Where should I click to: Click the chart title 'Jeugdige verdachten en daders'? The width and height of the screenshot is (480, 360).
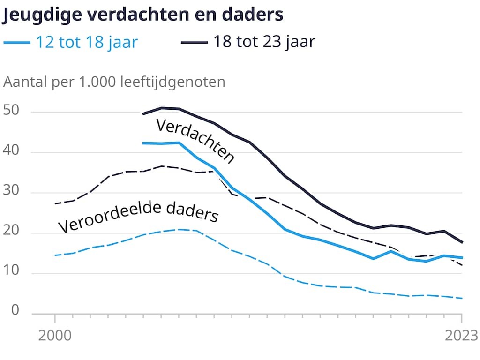(143, 15)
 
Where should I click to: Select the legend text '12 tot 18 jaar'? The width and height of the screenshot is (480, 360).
(87, 42)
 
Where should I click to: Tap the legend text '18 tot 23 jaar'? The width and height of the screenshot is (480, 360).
(264, 42)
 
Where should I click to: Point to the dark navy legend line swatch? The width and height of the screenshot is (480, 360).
(194, 43)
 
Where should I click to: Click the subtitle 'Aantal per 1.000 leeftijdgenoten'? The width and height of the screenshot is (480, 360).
(114, 82)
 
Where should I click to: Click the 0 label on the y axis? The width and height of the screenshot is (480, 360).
(15, 310)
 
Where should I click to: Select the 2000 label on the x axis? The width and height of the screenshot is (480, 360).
(55, 336)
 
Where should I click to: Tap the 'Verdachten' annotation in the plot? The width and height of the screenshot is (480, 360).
(195, 141)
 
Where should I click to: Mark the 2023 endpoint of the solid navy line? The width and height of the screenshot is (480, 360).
(462, 242)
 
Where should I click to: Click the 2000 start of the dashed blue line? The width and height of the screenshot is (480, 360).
(55, 255)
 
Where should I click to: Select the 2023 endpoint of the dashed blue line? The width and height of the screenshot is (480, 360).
(462, 298)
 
